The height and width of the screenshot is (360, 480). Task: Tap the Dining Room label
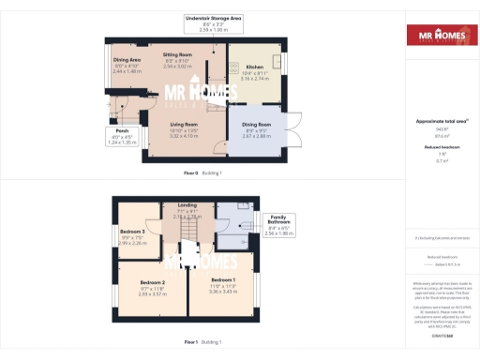(x=256, y=127)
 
